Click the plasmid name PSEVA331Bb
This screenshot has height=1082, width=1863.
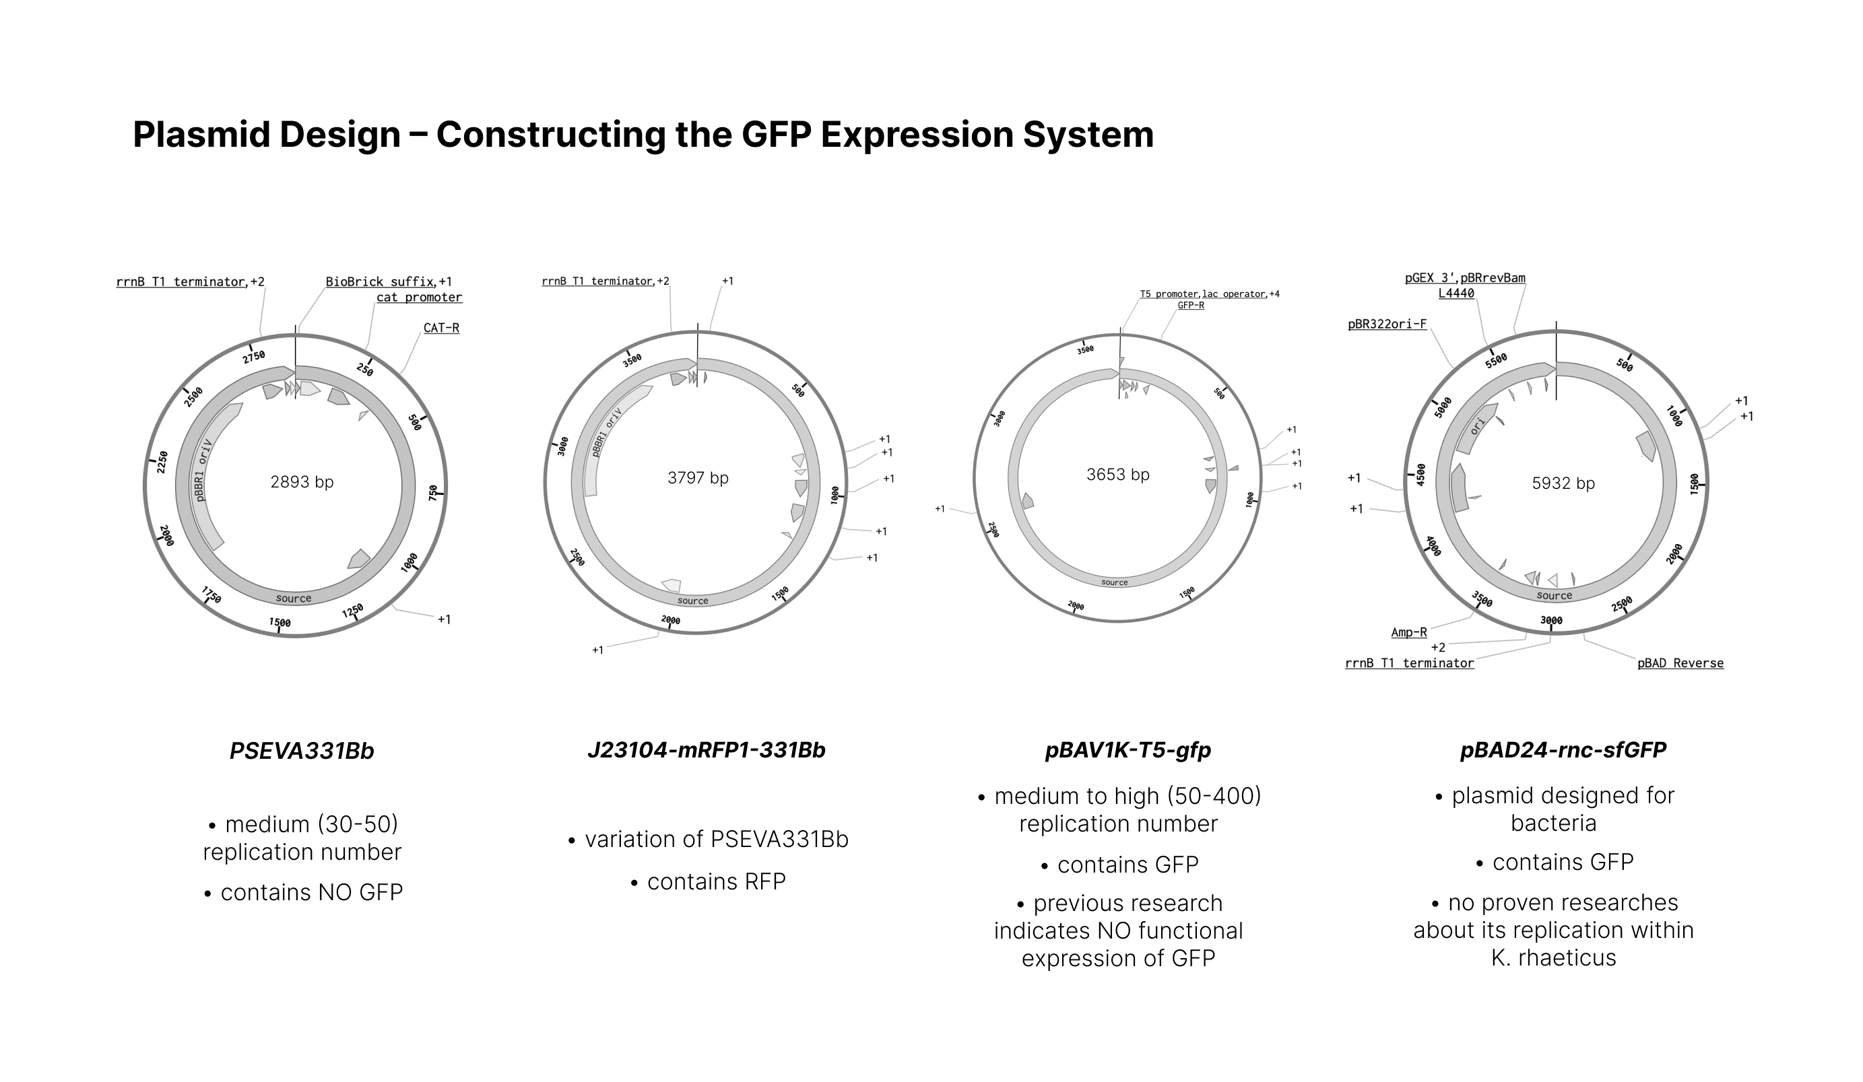[x=302, y=751]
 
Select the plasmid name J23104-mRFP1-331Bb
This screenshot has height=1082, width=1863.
[x=706, y=750]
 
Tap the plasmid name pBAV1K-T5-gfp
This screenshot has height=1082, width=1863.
[x=1127, y=750]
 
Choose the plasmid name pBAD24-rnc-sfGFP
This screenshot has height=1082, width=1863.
[x=1563, y=750]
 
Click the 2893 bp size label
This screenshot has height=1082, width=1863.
[x=302, y=483]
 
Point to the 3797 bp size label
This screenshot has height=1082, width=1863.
[x=698, y=478]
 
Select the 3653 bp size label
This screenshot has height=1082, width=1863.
[x=1118, y=475]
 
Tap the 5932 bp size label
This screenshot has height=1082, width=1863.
[x=1563, y=483]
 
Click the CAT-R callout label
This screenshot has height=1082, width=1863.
[x=441, y=327]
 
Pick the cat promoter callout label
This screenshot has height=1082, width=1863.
[x=419, y=297]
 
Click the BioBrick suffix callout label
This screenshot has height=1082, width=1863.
[x=380, y=281]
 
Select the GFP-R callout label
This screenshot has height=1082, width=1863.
[x=1190, y=305]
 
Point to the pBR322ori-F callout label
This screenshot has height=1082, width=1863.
[x=1387, y=324]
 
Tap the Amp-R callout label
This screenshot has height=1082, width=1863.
[x=1408, y=632]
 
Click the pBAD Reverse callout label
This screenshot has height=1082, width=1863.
[x=1680, y=663]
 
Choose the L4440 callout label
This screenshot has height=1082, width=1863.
[x=1456, y=294]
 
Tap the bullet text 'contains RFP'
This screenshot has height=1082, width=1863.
[x=715, y=882]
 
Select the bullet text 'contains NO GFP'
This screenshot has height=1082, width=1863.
[x=311, y=893]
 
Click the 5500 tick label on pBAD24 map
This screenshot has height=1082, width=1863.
[x=1495, y=361]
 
